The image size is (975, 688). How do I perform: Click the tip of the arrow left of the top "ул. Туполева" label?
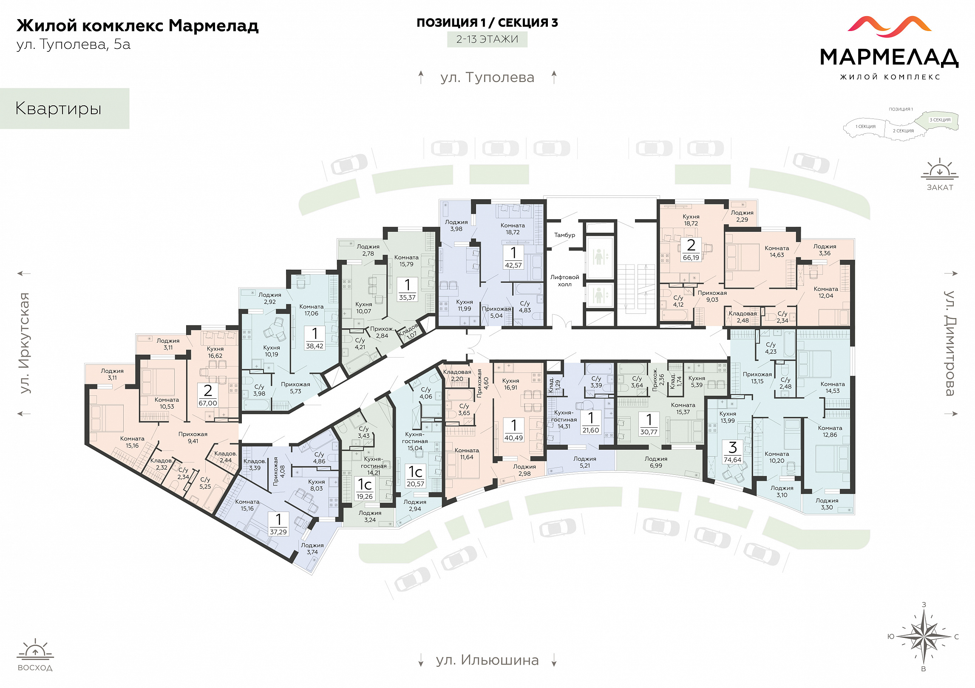pos(421,70)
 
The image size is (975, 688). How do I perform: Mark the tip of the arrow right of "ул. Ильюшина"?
pos(554,667)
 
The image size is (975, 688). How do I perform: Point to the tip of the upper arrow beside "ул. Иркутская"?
pos(17,274)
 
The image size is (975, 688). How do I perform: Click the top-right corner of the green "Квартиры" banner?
pos(129,88)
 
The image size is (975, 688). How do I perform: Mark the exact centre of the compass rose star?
pos(924,636)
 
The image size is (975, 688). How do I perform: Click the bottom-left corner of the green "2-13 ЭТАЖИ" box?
pos(447,47)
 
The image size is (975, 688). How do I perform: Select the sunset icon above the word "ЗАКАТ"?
pos(939,169)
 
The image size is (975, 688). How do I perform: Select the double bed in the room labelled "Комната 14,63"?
pos(743,257)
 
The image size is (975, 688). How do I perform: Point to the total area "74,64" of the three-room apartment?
pos(732,460)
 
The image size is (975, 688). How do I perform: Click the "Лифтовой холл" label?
pos(564,281)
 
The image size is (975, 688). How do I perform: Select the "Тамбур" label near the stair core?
pos(564,235)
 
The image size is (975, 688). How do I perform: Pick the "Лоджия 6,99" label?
pos(656,462)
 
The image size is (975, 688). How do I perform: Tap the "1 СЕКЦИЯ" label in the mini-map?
pos(865,127)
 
